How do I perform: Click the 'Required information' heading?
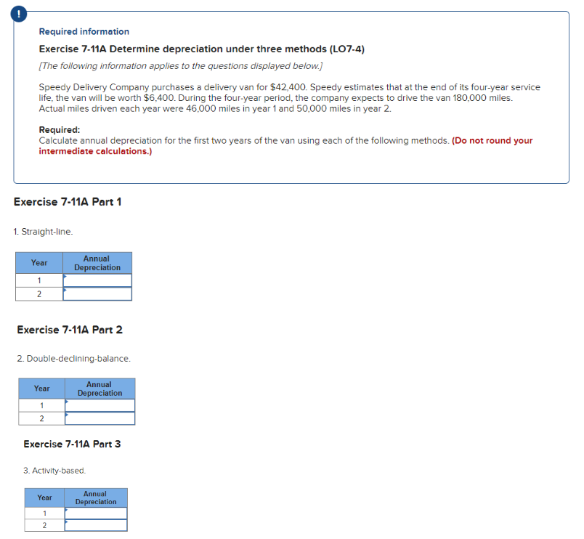point(84,32)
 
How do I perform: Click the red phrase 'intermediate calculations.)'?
point(95,151)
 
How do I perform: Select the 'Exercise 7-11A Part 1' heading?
point(68,201)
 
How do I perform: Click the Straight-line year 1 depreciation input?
point(97,280)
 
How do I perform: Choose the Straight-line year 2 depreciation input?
point(97,293)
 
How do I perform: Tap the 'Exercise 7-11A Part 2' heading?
point(70,330)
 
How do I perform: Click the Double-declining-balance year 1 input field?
point(100,405)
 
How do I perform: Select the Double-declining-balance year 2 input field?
point(100,418)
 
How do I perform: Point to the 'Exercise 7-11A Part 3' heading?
point(72,444)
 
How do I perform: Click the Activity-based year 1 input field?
point(95,513)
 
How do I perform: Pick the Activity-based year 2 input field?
point(95,525)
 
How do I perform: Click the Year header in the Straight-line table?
point(39,263)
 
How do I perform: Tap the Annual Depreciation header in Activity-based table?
point(95,498)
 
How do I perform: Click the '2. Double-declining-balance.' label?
point(73,359)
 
